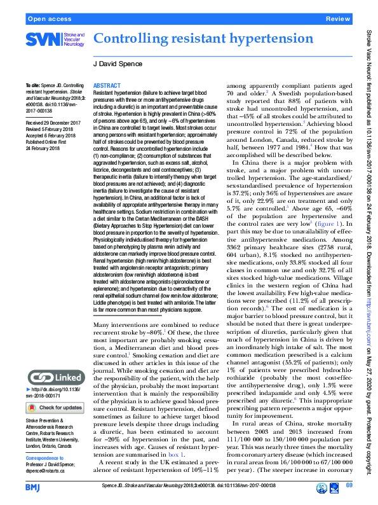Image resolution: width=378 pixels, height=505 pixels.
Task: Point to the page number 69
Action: [x=349, y=486]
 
